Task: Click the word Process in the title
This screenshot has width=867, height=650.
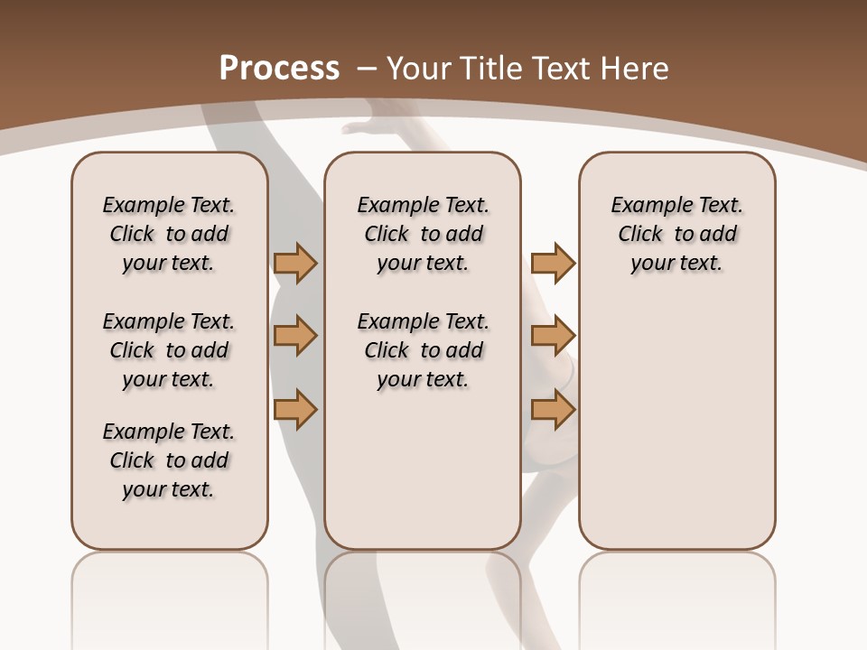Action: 279,69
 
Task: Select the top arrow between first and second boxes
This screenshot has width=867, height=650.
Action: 295,264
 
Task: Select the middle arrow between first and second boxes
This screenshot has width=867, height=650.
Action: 295,336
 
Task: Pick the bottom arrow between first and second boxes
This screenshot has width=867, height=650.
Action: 295,410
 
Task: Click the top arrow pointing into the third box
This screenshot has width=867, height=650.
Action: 553,264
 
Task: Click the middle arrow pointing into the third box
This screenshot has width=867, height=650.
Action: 553,336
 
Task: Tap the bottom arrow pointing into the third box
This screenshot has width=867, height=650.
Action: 553,410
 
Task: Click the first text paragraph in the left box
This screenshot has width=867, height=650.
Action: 169,234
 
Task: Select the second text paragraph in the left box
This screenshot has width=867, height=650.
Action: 169,350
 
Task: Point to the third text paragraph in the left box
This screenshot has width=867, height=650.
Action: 169,460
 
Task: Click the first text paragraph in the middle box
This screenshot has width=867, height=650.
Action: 423,234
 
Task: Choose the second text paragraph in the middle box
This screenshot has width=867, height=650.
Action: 423,350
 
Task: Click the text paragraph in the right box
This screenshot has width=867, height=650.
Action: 676,234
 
